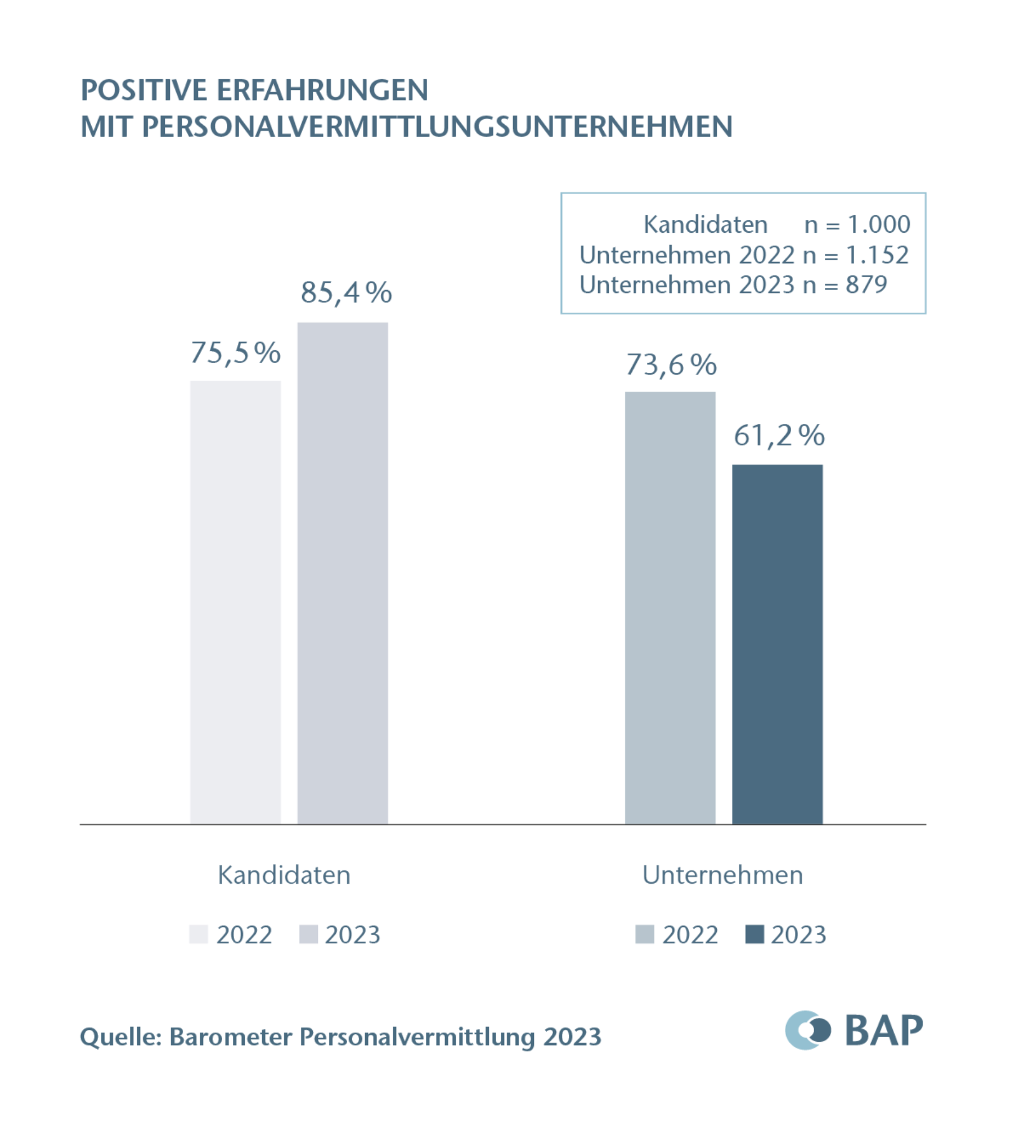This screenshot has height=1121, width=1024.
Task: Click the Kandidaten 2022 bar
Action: click(x=235, y=602)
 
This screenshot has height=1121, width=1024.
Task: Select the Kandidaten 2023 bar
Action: click(x=342, y=573)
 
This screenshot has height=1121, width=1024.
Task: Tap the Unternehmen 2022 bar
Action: click(x=670, y=608)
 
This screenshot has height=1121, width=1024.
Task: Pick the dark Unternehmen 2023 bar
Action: click(x=777, y=644)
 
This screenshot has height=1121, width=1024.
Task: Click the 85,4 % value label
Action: click(x=346, y=293)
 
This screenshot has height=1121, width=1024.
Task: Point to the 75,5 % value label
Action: click(x=235, y=353)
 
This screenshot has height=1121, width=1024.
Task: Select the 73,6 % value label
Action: click(x=671, y=365)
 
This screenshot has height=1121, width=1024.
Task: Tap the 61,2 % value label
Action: click(x=779, y=436)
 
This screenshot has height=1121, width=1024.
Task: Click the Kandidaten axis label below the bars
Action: click(x=284, y=875)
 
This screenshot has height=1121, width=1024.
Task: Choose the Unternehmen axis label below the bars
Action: click(x=722, y=875)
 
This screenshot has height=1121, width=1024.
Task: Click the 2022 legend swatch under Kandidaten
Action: click(x=199, y=934)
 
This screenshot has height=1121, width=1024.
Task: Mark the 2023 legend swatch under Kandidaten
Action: click(x=308, y=934)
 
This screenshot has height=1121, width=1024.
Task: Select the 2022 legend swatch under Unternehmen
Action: click(x=644, y=934)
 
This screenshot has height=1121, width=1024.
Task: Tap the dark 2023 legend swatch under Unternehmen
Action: click(x=754, y=934)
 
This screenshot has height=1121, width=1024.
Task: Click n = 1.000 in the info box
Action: click(x=857, y=225)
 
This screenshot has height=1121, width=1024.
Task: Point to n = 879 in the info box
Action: click(x=845, y=285)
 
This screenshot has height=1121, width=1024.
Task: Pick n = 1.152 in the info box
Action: click(x=855, y=255)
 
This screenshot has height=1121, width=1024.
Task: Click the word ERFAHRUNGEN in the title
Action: click(x=322, y=91)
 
